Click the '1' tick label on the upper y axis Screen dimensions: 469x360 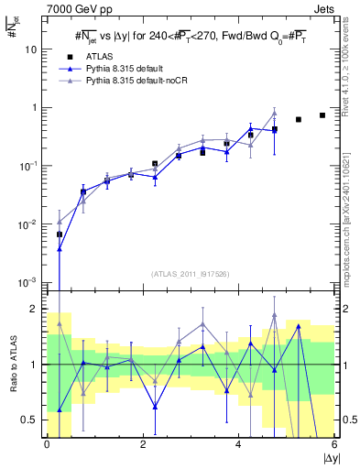click(x=36, y=108)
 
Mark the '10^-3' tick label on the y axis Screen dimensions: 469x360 click(x=30, y=282)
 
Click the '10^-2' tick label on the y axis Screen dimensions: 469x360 click(x=30, y=224)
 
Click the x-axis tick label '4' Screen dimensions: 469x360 click(x=239, y=445)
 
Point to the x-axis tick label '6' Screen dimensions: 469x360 click(x=335, y=445)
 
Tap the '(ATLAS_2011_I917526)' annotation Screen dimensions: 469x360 click(x=191, y=274)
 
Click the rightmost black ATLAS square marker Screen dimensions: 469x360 click(x=322, y=115)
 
